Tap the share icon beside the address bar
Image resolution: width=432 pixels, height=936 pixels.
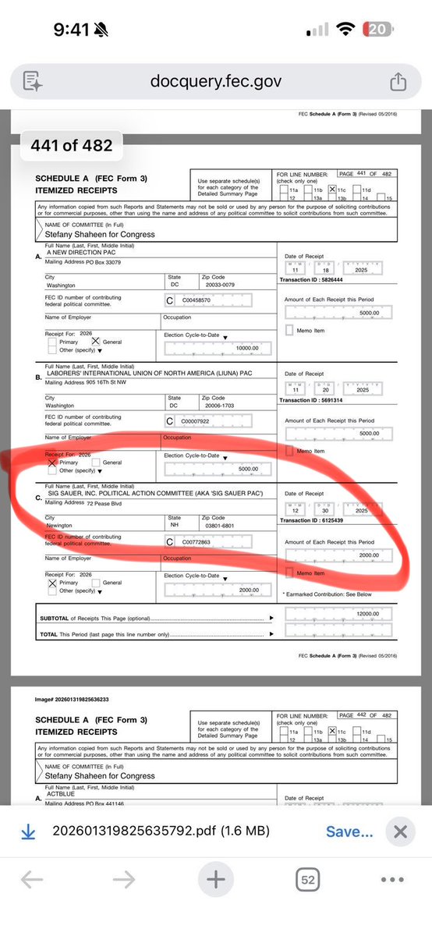click(x=397, y=81)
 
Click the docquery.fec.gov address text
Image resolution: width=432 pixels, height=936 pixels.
click(x=215, y=81)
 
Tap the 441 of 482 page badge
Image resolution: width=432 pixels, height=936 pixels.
click(x=71, y=145)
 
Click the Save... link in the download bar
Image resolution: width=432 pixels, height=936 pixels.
click(x=349, y=831)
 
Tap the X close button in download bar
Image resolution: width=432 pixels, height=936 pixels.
click(x=400, y=831)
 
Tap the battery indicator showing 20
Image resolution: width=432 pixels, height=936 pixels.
click(x=378, y=30)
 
